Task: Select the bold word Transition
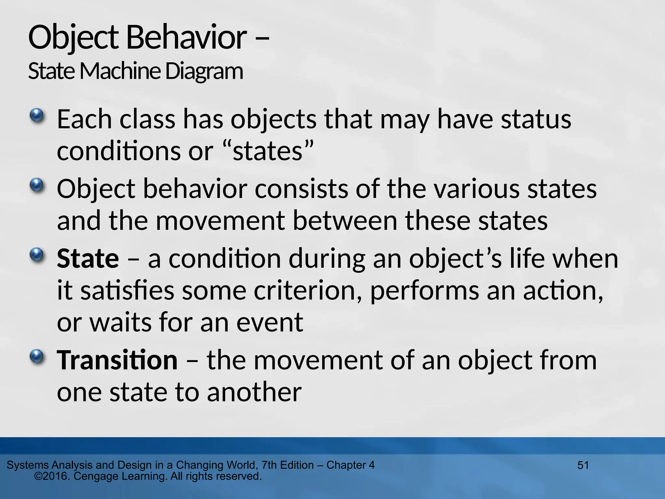(117, 360)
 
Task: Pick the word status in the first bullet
(536, 119)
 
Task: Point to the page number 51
(583, 465)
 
